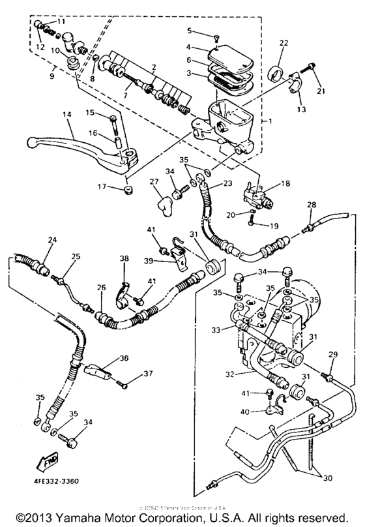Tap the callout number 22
click(x=284, y=43)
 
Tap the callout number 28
click(x=311, y=205)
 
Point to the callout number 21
click(x=320, y=90)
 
